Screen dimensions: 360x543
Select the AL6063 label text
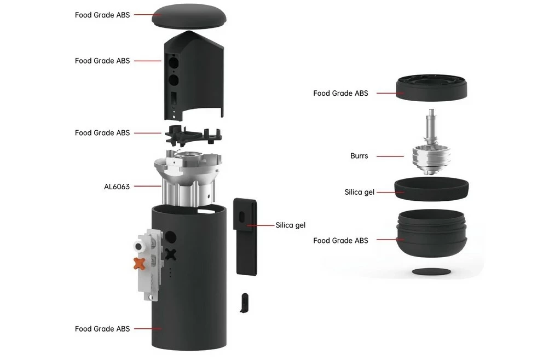pos(117,187)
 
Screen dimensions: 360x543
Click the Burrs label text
pos(359,156)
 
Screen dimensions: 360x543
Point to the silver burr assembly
pos(431,156)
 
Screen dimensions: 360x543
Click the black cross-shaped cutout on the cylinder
pos(171,254)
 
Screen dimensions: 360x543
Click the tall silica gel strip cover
pos(246,235)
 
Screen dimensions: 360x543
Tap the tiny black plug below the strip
pos(245,302)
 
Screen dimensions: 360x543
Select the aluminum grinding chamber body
pos(189,178)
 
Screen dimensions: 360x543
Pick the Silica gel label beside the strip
pos(291,225)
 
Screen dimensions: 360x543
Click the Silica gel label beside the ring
pos(359,192)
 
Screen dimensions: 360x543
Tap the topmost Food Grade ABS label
pos(102,15)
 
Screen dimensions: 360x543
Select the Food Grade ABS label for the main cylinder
pos(102,329)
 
